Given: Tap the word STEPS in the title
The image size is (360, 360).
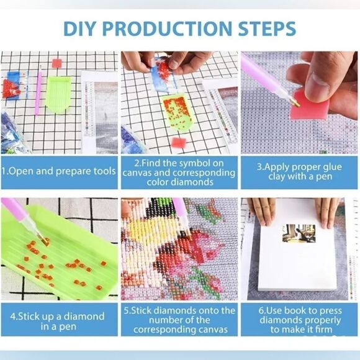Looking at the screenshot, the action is [267, 29].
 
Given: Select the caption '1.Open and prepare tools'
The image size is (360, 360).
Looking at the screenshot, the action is [58, 171].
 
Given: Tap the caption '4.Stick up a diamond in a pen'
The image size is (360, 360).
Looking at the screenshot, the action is [57, 321].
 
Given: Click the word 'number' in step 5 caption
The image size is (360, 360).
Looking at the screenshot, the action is [164, 320].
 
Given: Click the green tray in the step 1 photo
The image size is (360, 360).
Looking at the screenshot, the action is [58, 94].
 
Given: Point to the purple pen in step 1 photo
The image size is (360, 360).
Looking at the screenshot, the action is [38, 90].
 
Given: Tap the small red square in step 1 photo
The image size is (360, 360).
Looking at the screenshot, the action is [57, 63].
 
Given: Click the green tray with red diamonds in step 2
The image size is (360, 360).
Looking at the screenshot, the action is [177, 113].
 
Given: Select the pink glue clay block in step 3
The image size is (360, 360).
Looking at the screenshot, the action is [310, 105].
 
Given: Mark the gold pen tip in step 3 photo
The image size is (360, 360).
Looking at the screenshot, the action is [295, 103].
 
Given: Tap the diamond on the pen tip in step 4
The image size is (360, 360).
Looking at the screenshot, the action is [46, 241].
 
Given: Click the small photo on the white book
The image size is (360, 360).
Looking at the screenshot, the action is [299, 233].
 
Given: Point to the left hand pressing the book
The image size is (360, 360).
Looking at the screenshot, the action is [261, 212].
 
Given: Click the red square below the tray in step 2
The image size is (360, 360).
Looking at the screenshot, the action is [179, 143].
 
